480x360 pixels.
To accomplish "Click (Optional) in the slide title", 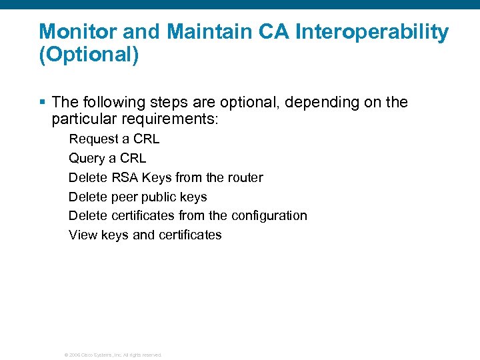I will tap(89, 55).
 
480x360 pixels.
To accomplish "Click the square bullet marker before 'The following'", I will tap(43, 102).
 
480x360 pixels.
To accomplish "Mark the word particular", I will tap(81, 120).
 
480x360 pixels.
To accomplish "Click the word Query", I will tap(87, 159).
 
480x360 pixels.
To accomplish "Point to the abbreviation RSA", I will tap(125, 178).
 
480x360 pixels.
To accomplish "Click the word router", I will tap(245, 178).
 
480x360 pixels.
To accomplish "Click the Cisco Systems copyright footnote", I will tap(113, 355).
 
